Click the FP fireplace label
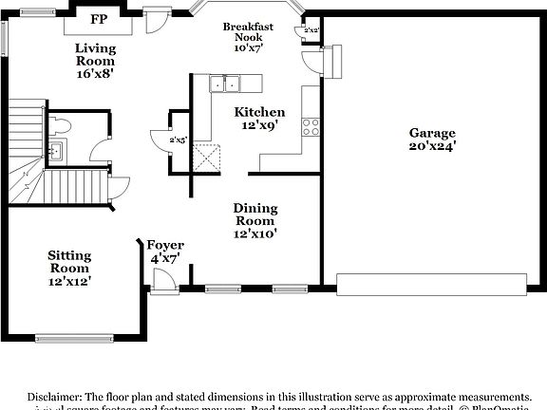coord(98,18)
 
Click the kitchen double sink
coord(225,84)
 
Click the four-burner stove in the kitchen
coord(311,124)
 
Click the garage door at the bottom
coord(431,284)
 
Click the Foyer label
coord(167,245)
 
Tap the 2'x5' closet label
coord(178,140)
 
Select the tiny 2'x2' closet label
coord(311,30)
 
